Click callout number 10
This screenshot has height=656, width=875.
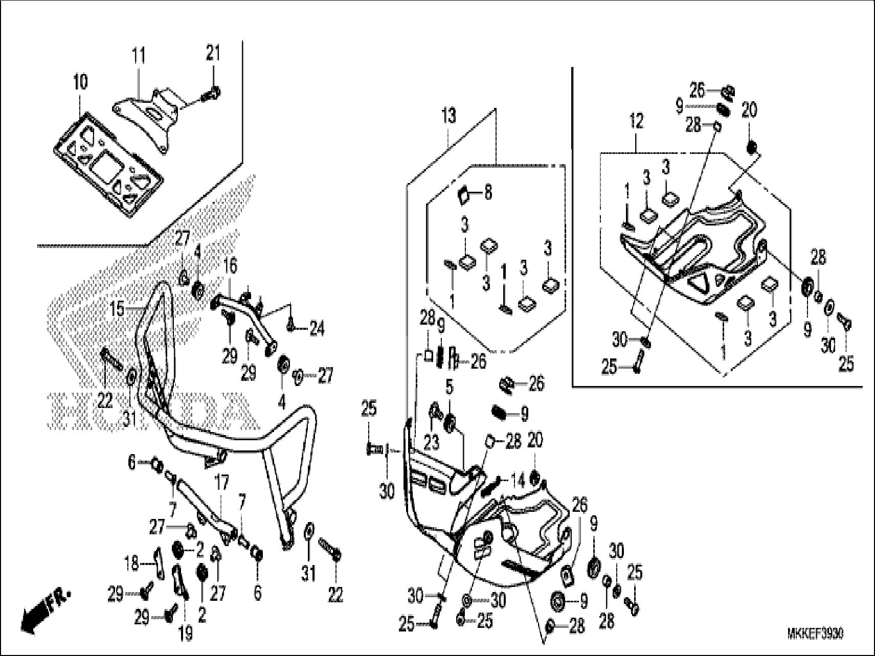point(80,82)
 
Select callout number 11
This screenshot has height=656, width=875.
point(139,55)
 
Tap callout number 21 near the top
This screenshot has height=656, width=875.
point(214,53)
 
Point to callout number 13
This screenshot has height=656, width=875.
point(448,116)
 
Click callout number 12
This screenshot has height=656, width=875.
point(637,122)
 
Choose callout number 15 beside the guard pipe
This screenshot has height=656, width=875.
point(118,309)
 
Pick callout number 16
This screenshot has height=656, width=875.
point(231,266)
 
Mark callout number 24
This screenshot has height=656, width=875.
point(316,330)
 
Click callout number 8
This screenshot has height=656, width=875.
point(487,194)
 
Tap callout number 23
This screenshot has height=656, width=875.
point(432,442)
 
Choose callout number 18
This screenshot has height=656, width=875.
point(132,563)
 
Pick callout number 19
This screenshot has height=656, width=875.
point(185,634)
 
